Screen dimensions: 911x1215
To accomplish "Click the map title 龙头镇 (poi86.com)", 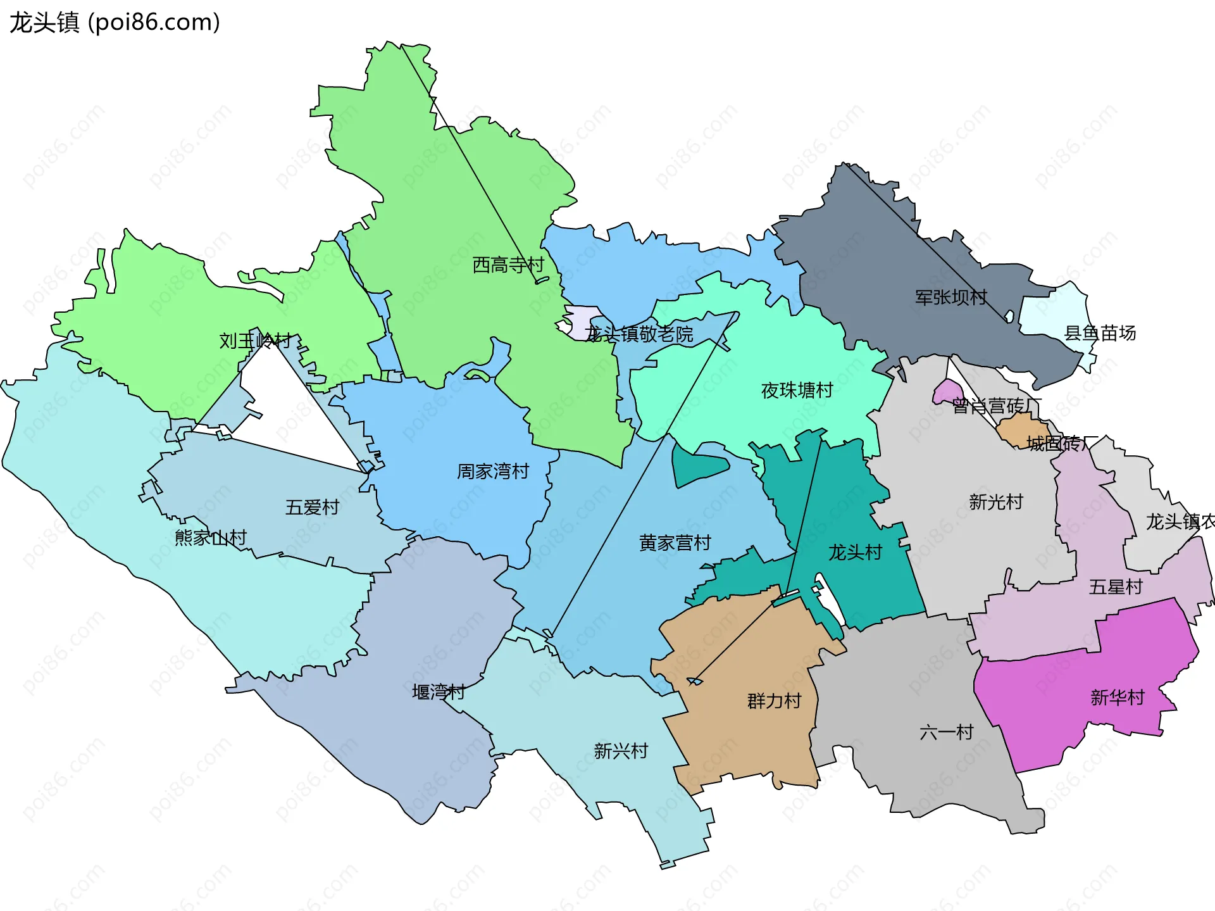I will [x=115, y=23].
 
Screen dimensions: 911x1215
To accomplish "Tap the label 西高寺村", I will [x=508, y=265].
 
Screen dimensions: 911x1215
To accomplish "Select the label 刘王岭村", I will [x=255, y=341].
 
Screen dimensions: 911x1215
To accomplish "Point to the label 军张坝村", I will [x=950, y=297].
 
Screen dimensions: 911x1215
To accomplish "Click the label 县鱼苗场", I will [x=1100, y=333].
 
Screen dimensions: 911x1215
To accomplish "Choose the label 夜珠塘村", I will [x=797, y=390].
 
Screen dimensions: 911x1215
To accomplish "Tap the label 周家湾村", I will [x=493, y=471].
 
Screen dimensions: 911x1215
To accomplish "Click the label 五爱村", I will [x=312, y=507].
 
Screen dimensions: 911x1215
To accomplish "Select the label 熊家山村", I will [x=210, y=537].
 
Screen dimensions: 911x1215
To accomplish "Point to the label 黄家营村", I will [x=675, y=543].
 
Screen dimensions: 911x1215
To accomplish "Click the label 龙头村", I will [x=855, y=552].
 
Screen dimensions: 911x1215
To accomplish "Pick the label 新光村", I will [x=995, y=502].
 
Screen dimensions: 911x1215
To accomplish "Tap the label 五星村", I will [x=1115, y=587].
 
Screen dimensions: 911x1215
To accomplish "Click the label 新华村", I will [x=1117, y=698].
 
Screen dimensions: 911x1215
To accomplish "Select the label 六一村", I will [x=946, y=732].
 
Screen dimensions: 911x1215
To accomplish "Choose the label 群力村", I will [x=774, y=701].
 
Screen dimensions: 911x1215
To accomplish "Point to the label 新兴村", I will [x=621, y=751].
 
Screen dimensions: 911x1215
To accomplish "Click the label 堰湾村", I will [x=439, y=691].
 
